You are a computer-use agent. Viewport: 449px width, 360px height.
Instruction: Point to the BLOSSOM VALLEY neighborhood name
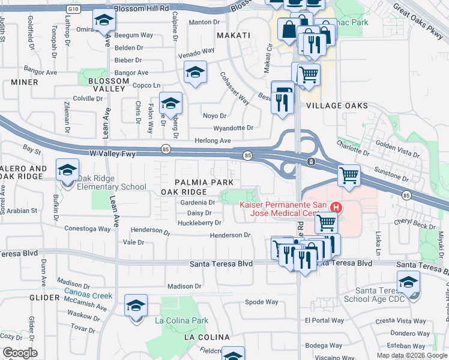[x=108, y=85]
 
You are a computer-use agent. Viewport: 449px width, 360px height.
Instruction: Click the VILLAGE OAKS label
[x=337, y=106]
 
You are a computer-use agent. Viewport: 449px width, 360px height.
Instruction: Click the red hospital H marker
[x=336, y=208]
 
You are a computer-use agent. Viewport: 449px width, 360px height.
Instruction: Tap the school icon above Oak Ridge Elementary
[x=67, y=170]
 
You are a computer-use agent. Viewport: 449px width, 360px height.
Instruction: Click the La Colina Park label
[x=181, y=321]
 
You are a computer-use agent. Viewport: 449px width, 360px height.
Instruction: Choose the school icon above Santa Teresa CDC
[x=408, y=281]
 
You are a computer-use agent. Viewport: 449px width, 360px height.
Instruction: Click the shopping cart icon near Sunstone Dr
[x=349, y=175]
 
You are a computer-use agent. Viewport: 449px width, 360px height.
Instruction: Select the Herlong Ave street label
[x=213, y=140]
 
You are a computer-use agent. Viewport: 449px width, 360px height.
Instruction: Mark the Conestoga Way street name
[x=88, y=229]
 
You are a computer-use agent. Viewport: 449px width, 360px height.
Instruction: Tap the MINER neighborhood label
[x=24, y=82]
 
